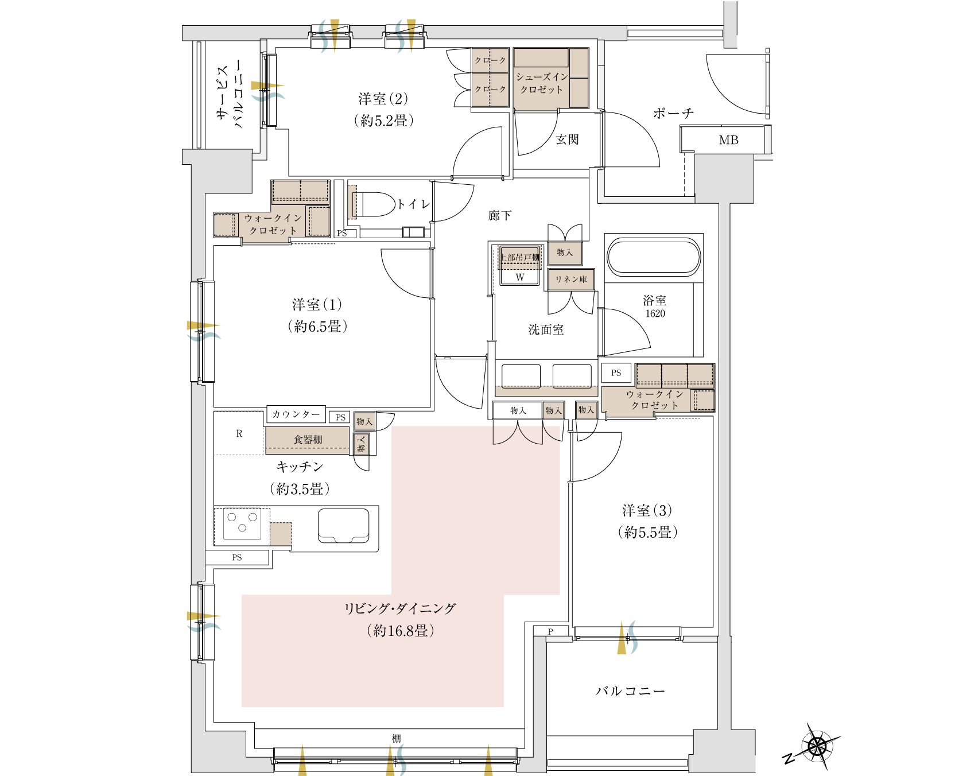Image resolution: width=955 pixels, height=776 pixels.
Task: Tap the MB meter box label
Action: [728, 140]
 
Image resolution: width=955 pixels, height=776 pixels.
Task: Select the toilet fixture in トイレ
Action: [372, 204]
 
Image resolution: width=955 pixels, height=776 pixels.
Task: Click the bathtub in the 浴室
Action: [654, 258]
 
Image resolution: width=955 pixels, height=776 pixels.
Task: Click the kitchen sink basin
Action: [344, 525]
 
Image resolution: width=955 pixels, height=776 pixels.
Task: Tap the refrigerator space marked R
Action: [239, 433]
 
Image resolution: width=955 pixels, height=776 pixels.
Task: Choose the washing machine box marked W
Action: [519, 277]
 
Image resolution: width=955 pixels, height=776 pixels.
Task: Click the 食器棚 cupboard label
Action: [308, 440]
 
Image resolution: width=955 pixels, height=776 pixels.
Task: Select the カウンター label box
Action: [296, 414]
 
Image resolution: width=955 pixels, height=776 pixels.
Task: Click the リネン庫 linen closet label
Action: [571, 280]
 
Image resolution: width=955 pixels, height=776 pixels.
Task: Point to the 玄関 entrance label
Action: [567, 139]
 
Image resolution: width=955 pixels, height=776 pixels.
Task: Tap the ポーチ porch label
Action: [674, 113]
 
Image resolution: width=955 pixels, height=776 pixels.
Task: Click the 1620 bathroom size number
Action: [655, 313]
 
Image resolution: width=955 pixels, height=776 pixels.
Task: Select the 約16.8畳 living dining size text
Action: [401, 631]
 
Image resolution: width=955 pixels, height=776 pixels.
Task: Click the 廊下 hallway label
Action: [500, 216]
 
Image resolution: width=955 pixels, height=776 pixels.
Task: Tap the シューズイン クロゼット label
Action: [542, 83]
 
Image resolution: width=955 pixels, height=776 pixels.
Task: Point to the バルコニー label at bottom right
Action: [630, 691]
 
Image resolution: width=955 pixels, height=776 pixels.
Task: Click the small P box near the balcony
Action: [550, 631]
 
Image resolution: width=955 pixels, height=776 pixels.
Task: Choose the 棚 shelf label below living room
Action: [396, 739]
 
